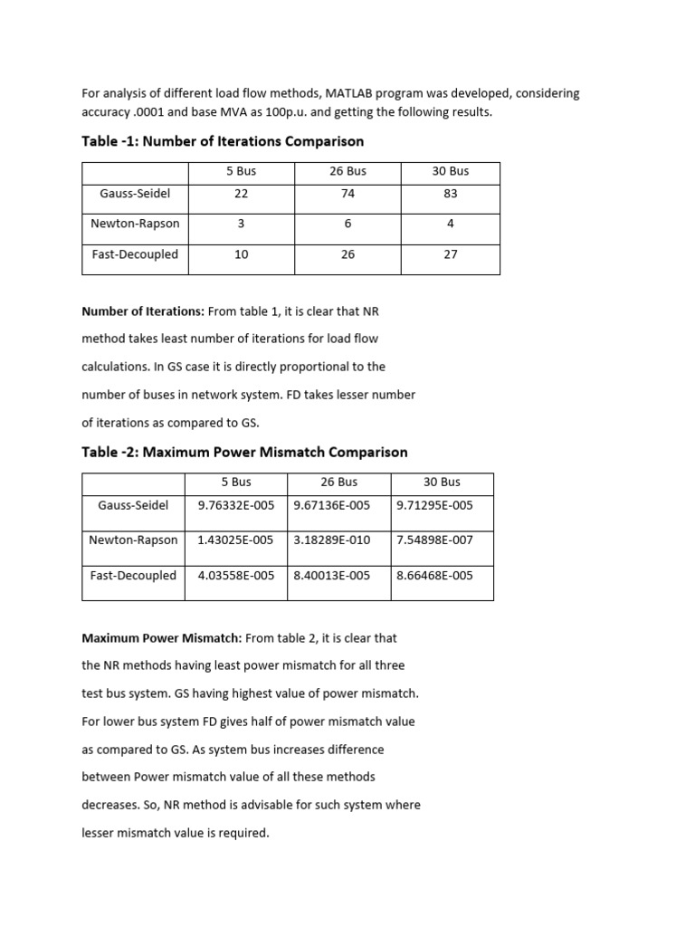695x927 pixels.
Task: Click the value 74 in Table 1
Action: tap(348, 194)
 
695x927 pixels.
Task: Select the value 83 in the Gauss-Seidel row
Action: tap(451, 194)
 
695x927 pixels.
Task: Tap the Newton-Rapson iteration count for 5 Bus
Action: tap(241, 224)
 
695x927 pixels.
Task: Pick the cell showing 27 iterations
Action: tap(451, 254)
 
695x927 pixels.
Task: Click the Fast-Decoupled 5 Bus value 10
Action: tap(241, 254)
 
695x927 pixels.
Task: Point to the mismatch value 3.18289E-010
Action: tap(332, 540)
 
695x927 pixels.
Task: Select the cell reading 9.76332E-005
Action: tap(235, 505)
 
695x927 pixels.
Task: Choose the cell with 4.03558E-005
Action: tap(235, 575)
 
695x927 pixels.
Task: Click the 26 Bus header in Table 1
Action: tap(348, 171)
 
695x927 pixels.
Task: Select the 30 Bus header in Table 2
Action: tap(442, 482)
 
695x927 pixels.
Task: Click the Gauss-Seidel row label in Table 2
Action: tap(133, 505)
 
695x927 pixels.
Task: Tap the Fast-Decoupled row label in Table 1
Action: tap(135, 254)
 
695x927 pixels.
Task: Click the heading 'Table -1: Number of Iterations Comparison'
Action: tap(223, 141)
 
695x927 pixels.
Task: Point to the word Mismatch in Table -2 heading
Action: tap(300, 452)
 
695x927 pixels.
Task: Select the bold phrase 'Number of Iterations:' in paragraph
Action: tap(143, 311)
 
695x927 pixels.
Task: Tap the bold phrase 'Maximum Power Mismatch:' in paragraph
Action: tap(161, 637)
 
